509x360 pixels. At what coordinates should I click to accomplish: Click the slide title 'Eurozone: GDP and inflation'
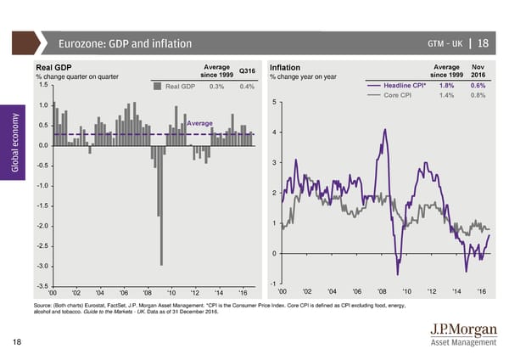(125, 44)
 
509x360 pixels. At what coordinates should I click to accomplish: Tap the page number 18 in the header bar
(483, 44)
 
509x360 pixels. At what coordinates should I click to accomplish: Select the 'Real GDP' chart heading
(53, 68)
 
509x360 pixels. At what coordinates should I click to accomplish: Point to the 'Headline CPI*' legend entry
(409, 86)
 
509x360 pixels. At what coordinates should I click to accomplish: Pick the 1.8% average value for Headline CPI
(446, 86)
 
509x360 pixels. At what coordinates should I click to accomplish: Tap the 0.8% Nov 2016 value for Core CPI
(477, 95)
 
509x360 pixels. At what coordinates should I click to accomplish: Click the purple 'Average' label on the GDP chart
(199, 124)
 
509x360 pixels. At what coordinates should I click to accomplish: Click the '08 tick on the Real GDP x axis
(148, 294)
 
